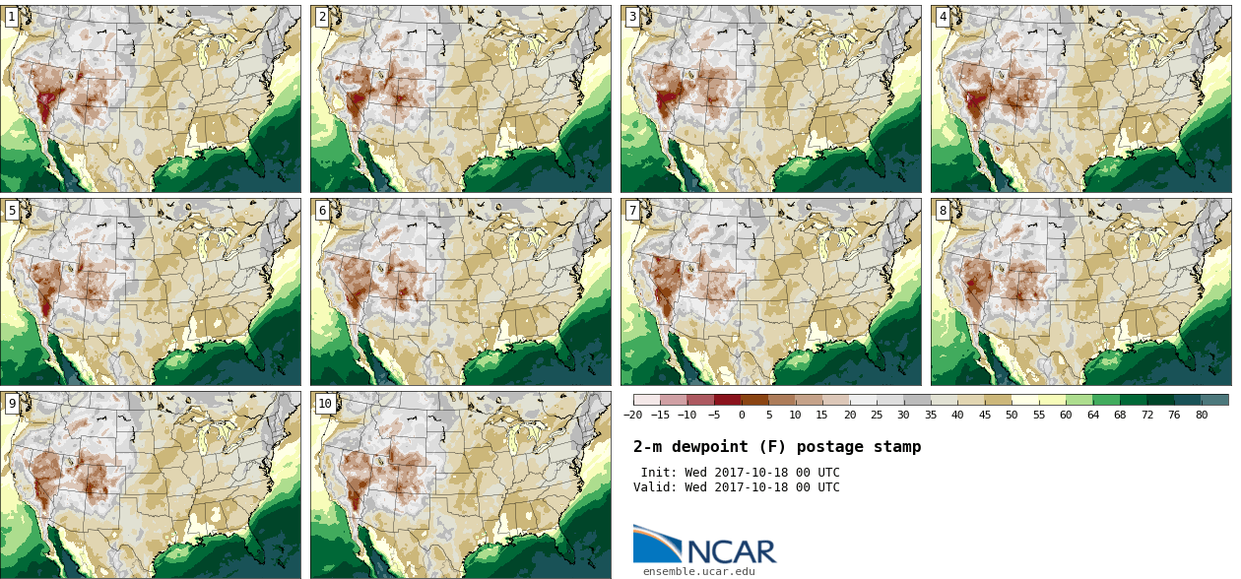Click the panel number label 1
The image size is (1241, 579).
pyautogui.click(x=12, y=17)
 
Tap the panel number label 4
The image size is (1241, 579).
pyautogui.click(x=943, y=17)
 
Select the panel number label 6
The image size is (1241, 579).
pyautogui.click(x=322, y=210)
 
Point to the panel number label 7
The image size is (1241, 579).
pyautogui.click(x=632, y=210)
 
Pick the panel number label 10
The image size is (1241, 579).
pyautogui.click(x=325, y=404)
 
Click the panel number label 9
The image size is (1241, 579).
pyautogui.click(x=12, y=404)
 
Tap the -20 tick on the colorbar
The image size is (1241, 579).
pyautogui.click(x=632, y=415)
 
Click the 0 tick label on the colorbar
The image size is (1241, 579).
pyautogui.click(x=742, y=415)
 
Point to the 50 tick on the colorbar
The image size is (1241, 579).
pyautogui.click(x=1012, y=415)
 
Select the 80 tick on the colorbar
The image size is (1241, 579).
pyautogui.click(x=1202, y=415)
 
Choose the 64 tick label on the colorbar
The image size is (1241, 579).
pyautogui.click(x=1093, y=415)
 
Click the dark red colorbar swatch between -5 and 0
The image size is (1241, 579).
pyautogui.click(x=728, y=400)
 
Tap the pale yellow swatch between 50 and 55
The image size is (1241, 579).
pyautogui.click(x=1025, y=400)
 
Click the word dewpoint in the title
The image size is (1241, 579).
pyautogui.click(x=710, y=447)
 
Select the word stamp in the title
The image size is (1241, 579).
pyautogui.click(x=897, y=448)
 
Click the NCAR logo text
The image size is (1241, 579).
pyautogui.click(x=732, y=551)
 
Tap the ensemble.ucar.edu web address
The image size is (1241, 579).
pyautogui.click(x=699, y=571)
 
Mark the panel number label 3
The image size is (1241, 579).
pyautogui.click(x=632, y=17)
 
